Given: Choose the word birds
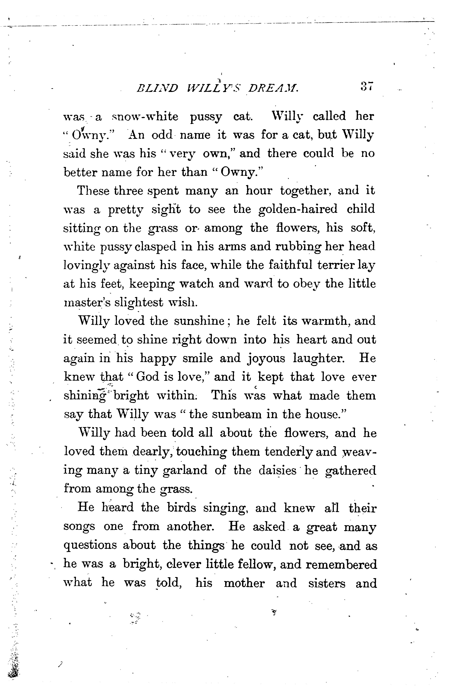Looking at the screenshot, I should pyautogui.click(x=182, y=508).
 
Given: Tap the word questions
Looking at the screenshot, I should pyautogui.click(x=90, y=545).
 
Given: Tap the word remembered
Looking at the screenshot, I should pyautogui.click(x=341, y=564).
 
